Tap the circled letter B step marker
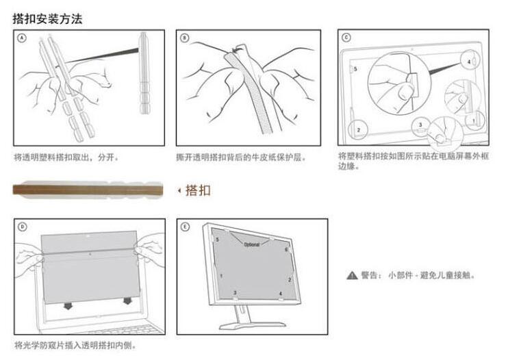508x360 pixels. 185,38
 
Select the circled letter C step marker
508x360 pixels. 346,38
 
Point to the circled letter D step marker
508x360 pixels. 23,227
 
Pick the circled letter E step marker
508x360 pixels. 185,227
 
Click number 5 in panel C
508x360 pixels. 355,69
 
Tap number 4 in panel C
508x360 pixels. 469,62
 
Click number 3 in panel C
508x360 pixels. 420,124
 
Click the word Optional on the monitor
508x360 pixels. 251,244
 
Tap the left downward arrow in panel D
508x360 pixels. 66,301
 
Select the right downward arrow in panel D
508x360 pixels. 127,301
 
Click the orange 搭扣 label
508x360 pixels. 198,190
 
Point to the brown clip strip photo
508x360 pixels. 87,189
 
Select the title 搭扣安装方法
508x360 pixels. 47,18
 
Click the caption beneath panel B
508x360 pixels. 240,157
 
